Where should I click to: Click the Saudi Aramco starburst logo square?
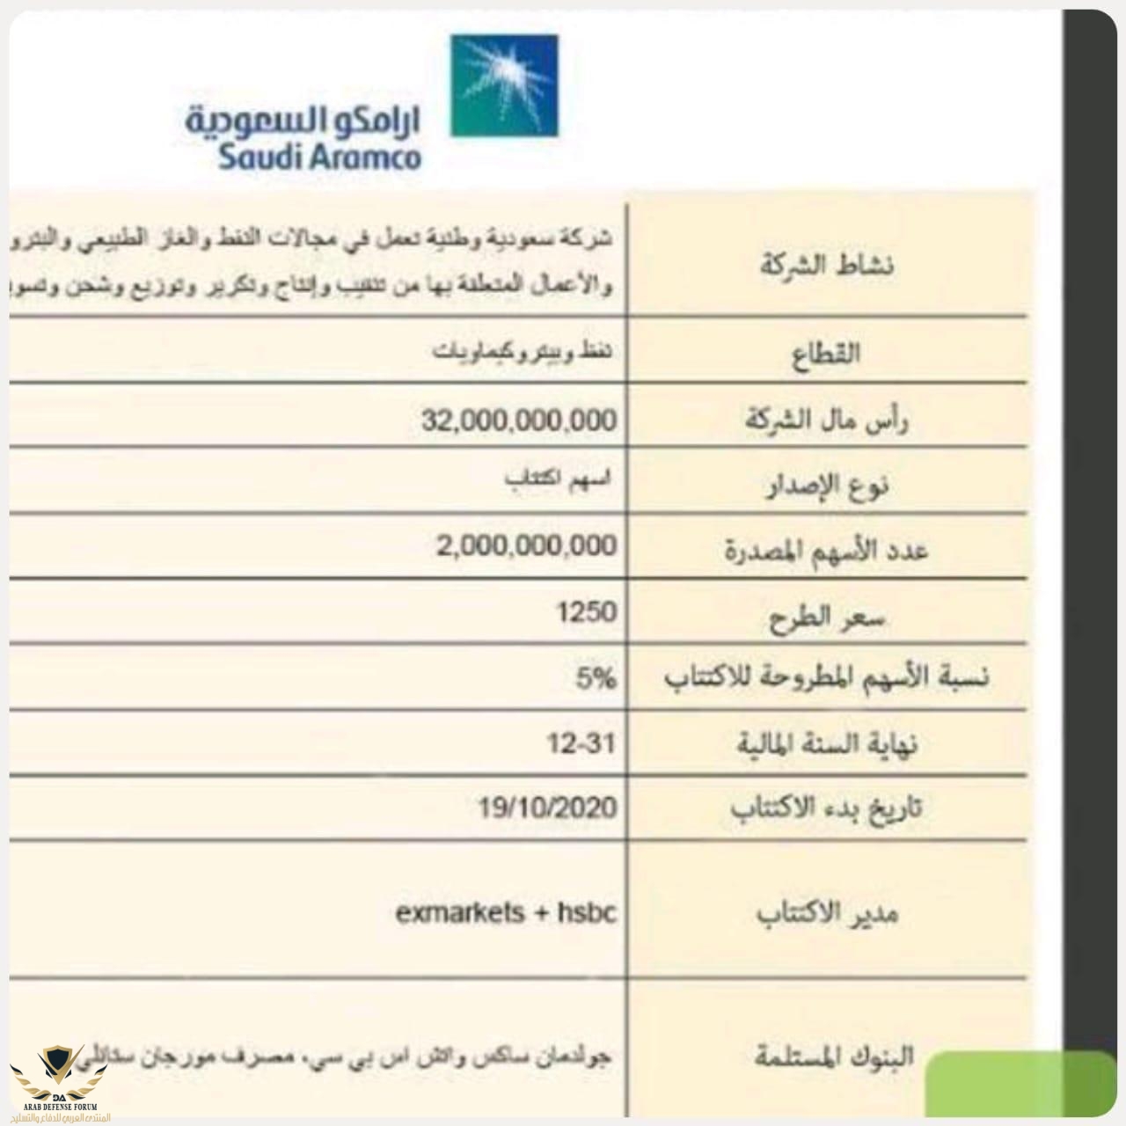pyautogui.click(x=504, y=85)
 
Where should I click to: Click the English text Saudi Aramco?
pyautogui.click(x=319, y=157)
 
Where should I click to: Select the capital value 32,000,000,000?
pyautogui.click(x=518, y=420)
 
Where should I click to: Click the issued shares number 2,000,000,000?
pyautogui.click(x=526, y=545)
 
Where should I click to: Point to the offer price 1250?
pyautogui.click(x=586, y=611)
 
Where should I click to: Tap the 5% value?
pyautogui.click(x=596, y=678)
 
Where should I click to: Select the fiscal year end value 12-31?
pyautogui.click(x=581, y=744)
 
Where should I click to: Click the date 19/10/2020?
pyautogui.click(x=547, y=808)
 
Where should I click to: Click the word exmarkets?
pyautogui.click(x=459, y=913)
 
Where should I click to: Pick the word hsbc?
pyautogui.click(x=587, y=913)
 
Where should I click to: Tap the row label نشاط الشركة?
pyautogui.click(x=826, y=265)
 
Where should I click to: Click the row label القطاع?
pyautogui.click(x=826, y=355)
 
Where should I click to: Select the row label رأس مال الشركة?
pyautogui.click(x=827, y=420)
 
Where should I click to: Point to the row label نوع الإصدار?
pyautogui.click(x=826, y=485)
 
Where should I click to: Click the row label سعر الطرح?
pyautogui.click(x=827, y=618)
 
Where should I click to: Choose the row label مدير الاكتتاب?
pyautogui.click(x=827, y=914)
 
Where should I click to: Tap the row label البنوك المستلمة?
pyautogui.click(x=834, y=1055)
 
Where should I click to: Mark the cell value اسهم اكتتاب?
pyautogui.click(x=557, y=480)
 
